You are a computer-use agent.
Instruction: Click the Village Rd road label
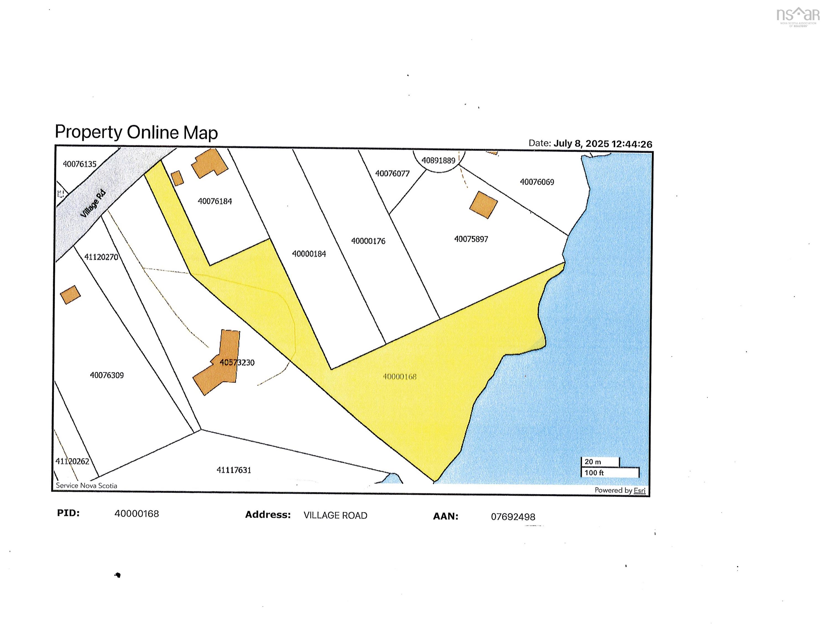point(93,204)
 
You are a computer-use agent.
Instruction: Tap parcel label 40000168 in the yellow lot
point(399,376)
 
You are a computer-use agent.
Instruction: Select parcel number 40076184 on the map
point(215,201)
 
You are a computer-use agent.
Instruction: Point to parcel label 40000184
point(309,254)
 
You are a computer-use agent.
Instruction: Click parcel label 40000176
point(368,241)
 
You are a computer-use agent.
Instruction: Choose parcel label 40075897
point(471,239)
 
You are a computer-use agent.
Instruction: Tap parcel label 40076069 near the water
point(537,182)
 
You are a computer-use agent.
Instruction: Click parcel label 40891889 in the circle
point(438,160)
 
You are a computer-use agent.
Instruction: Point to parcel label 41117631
point(234,470)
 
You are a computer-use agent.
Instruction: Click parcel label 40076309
point(107,375)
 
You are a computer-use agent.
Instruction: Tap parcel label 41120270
point(101,257)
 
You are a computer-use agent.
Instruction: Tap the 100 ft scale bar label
point(594,472)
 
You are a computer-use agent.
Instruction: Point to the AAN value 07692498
point(513,517)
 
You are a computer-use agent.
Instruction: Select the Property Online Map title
point(136,132)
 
